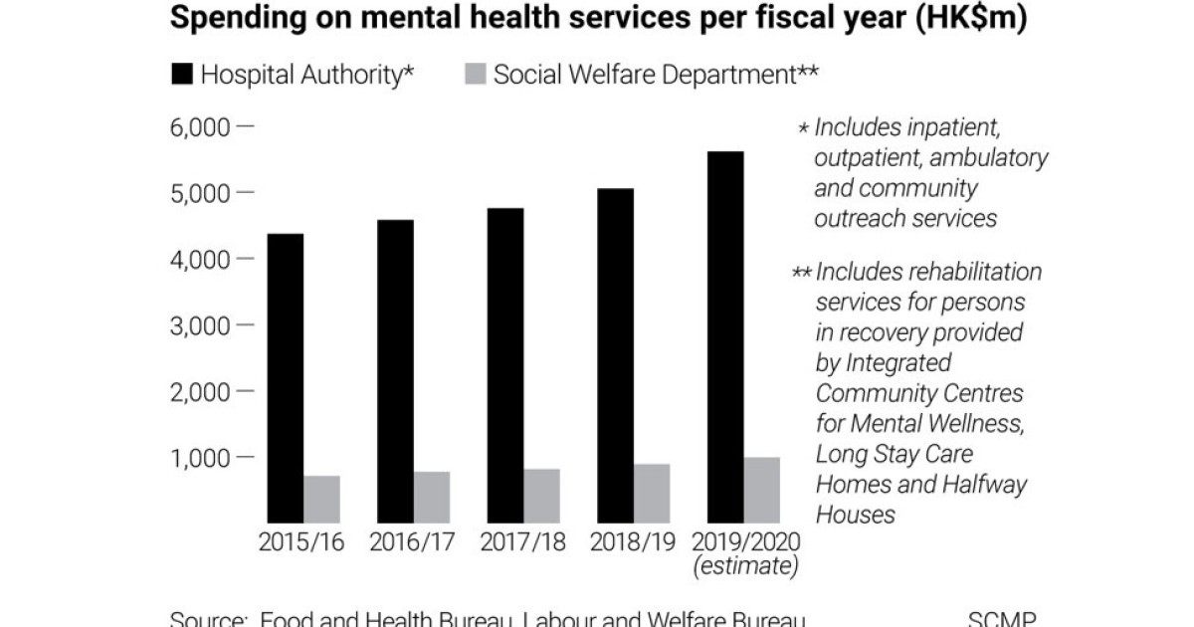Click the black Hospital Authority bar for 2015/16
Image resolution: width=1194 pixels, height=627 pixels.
285,378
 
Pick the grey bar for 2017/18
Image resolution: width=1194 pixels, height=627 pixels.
541,496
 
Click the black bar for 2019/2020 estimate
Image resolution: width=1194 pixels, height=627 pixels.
725,337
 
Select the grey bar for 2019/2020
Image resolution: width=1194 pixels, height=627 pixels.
762,490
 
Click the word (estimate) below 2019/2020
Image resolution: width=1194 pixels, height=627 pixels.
746,567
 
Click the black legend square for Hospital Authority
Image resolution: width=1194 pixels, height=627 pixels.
183,75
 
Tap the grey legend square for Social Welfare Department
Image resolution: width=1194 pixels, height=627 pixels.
475,75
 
